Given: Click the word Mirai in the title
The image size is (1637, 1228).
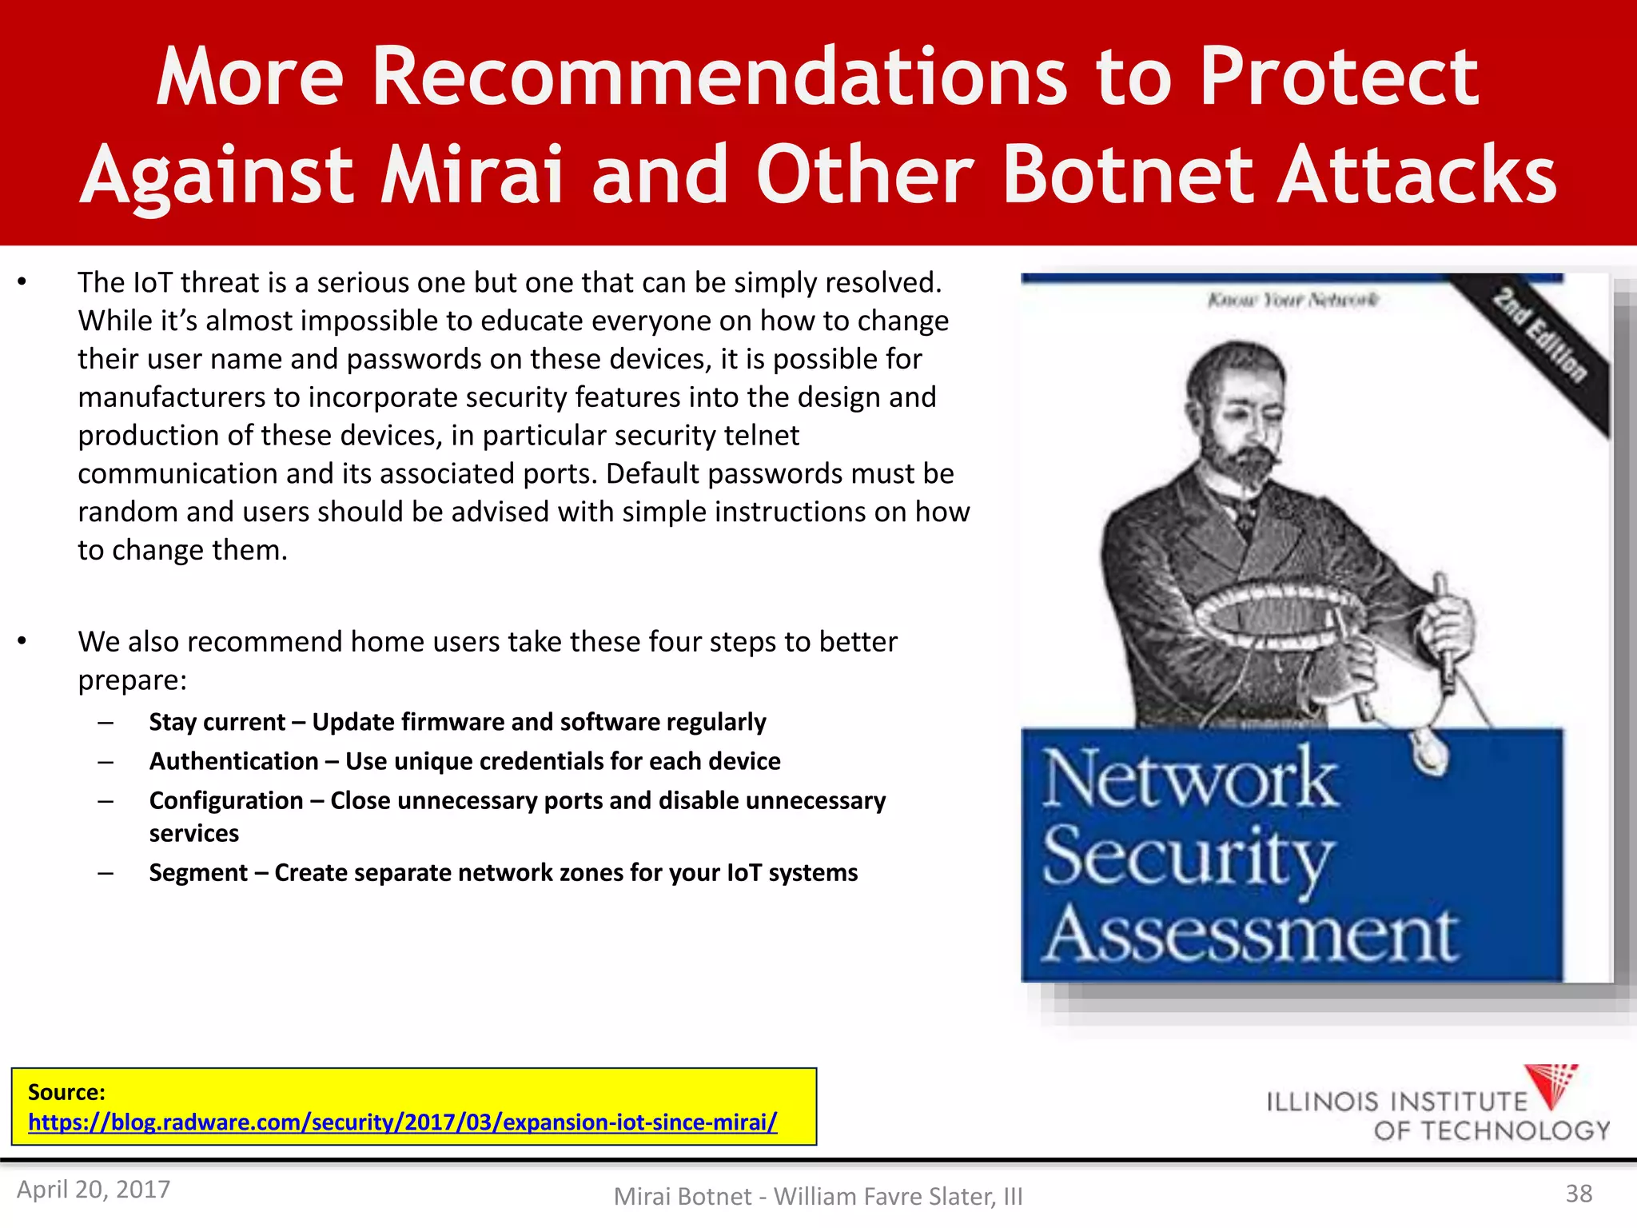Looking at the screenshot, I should coord(472,174).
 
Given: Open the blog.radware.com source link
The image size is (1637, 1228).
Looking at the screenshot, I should coord(402,1122).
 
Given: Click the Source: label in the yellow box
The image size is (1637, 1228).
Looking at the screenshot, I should coord(66,1092).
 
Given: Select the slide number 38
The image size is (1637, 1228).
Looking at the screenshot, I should coord(1578,1194).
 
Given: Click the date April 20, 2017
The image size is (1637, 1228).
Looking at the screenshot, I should coord(94,1190).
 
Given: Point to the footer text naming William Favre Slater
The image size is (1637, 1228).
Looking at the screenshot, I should coord(818,1196).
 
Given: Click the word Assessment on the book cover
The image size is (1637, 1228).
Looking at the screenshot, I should coord(1251,935).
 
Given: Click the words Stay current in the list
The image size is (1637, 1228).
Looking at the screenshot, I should coord(217,722).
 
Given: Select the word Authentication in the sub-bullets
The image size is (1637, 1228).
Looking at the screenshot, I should coord(233,761).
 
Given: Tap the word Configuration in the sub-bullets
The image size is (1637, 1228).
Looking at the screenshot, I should coord(226,800).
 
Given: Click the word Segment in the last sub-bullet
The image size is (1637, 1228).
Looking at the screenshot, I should coord(198,872).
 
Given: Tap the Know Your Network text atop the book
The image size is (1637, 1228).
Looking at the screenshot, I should coord(1292,300).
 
